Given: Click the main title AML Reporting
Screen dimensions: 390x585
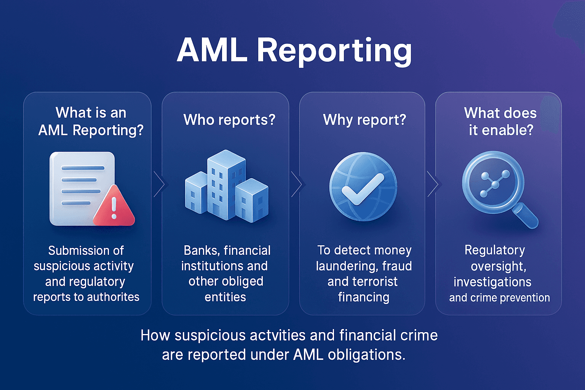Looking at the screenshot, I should (x=294, y=50).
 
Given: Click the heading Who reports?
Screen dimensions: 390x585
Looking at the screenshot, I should (x=229, y=120).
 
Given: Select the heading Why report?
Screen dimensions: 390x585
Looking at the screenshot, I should (x=364, y=120).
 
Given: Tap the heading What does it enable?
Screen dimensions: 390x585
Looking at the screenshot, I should (x=500, y=121).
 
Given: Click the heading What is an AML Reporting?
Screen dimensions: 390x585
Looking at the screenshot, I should (x=91, y=121).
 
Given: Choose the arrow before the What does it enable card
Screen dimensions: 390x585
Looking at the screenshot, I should (x=432, y=184).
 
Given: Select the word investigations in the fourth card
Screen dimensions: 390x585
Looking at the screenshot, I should (x=492, y=282).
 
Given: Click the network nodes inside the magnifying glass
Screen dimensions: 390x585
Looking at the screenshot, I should (x=494, y=184).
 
